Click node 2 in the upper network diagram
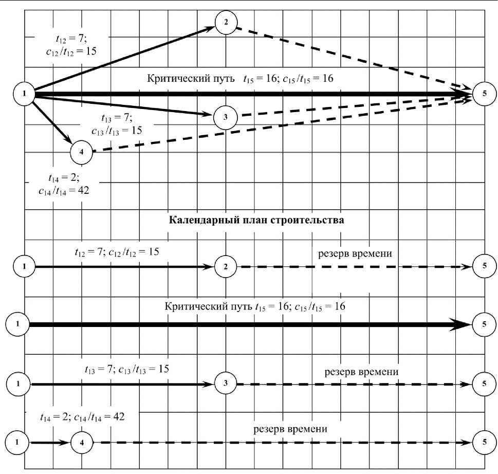[x=226, y=24]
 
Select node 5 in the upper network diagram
[x=485, y=95]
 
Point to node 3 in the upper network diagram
[x=225, y=117]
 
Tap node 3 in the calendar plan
[x=225, y=384]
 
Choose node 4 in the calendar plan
[x=81, y=442]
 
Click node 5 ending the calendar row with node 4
[x=484, y=442]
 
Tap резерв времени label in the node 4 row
[x=291, y=429]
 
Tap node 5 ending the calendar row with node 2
[x=484, y=267]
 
